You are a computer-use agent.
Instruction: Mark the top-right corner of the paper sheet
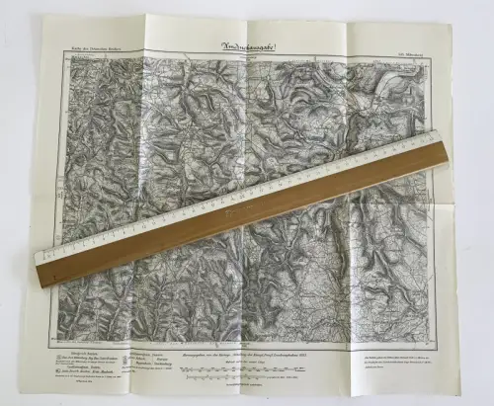(452, 24)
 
